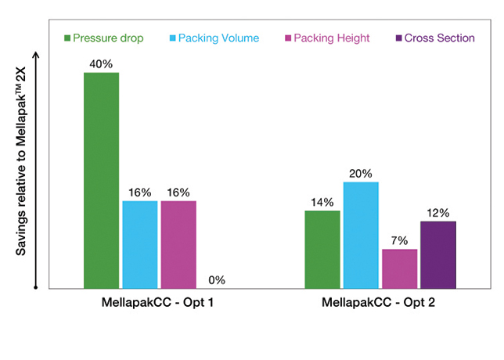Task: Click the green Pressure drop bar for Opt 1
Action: pyautogui.click(x=101, y=180)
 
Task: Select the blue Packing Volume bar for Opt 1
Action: pyautogui.click(x=140, y=244)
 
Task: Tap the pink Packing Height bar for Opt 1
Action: pyautogui.click(x=178, y=244)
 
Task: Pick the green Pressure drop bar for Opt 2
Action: pyautogui.click(x=322, y=249)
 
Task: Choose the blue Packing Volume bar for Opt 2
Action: pyautogui.click(x=360, y=235)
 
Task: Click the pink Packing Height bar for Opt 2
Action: pyautogui.click(x=399, y=268)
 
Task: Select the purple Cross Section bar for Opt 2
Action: pyautogui.click(x=437, y=254)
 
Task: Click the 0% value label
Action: pyautogui.click(x=217, y=279)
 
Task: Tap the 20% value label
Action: pyautogui.click(x=360, y=173)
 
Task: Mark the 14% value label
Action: pyautogui.click(x=322, y=202)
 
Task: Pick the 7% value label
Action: pyautogui.click(x=399, y=240)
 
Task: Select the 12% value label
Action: pyautogui.click(x=437, y=212)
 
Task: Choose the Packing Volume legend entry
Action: pyautogui.click(x=214, y=38)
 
